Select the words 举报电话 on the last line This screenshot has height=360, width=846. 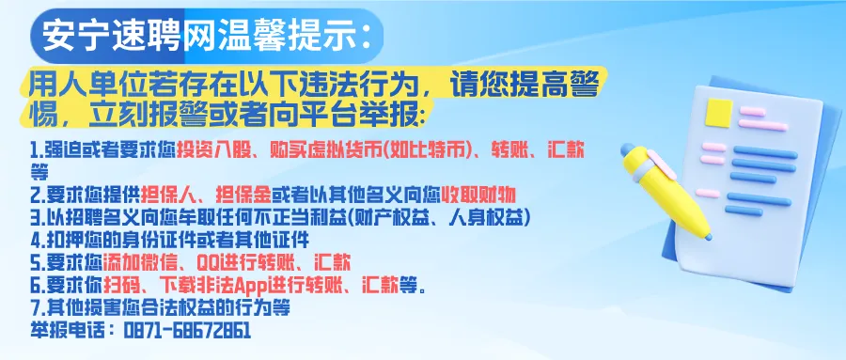(x=66, y=330)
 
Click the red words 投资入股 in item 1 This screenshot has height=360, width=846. (x=211, y=150)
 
